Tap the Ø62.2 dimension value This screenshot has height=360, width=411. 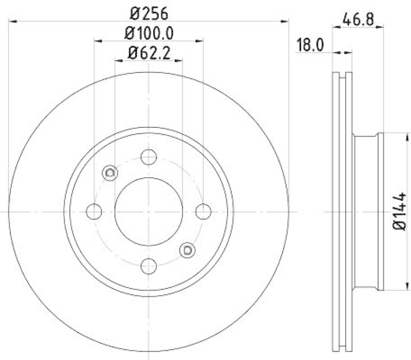click(x=148, y=52)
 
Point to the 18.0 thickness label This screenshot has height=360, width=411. click(x=310, y=45)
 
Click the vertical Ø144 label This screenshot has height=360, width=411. click(x=400, y=212)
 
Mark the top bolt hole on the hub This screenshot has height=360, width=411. click(x=148, y=157)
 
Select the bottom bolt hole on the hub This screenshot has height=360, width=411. click(x=148, y=266)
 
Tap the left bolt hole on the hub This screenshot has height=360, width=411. click(x=94, y=211)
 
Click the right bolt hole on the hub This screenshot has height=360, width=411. click(x=203, y=211)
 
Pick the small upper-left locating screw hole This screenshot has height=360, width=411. click(x=109, y=173)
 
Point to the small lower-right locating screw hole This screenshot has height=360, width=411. click(x=187, y=250)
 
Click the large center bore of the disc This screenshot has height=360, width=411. click(x=148, y=211)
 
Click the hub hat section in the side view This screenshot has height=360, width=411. click(x=367, y=211)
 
